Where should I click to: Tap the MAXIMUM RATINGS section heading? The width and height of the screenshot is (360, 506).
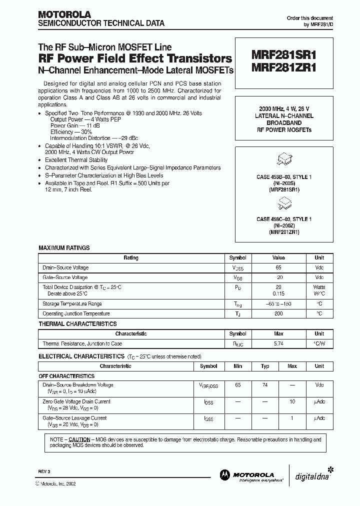tap(64, 248)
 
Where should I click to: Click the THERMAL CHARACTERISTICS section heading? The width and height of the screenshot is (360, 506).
tap(77, 324)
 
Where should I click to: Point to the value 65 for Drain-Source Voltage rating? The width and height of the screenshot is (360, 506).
tap(278, 267)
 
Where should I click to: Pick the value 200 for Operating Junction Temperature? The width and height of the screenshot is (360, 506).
tap(278, 313)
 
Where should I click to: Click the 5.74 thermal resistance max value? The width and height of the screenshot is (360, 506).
tap(278, 343)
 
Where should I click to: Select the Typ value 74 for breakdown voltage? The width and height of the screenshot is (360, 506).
tap(265, 385)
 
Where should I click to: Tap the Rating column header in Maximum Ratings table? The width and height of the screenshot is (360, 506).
tap(131, 258)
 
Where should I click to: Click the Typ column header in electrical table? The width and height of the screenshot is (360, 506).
tap(265, 366)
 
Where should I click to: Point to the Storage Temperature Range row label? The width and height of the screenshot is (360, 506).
tap(72, 303)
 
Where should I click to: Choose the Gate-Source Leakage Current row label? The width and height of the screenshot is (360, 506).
tap(74, 418)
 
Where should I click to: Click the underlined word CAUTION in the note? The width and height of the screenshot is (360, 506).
tap(79, 439)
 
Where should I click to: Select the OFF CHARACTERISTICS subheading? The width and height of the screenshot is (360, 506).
tap(66, 376)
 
